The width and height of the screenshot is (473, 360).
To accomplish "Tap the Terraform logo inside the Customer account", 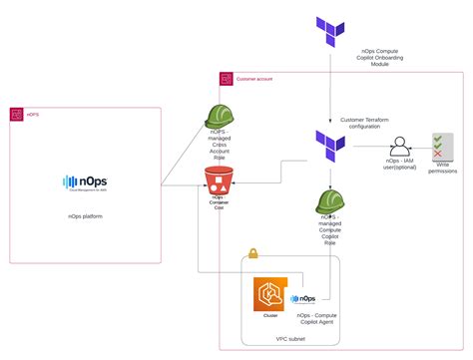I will [329, 141].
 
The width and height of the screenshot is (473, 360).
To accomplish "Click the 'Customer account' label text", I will [254, 78].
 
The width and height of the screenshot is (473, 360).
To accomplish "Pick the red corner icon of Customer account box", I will [226, 78].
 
